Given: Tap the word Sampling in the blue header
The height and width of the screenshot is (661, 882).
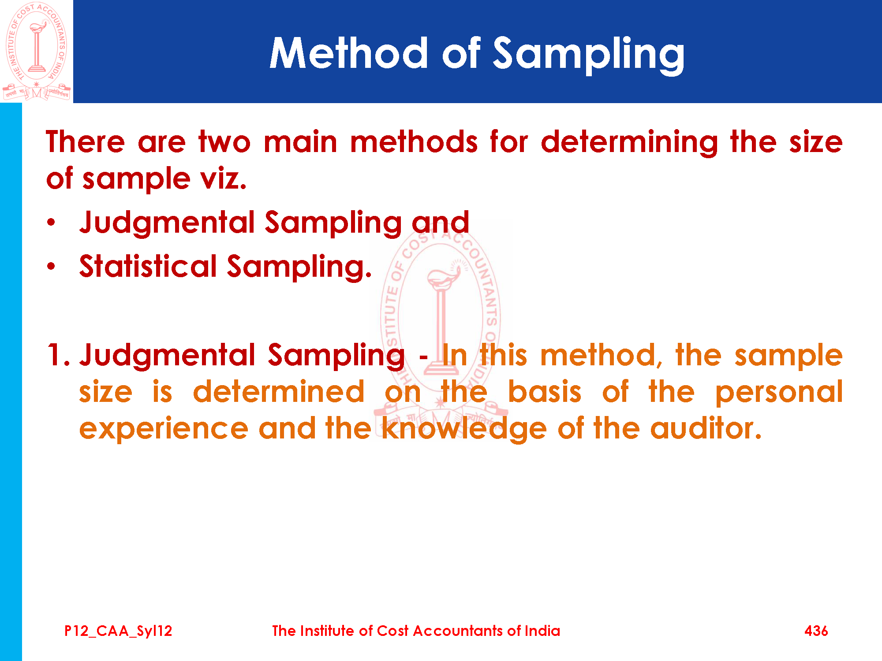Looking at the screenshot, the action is pyautogui.click(x=588, y=55).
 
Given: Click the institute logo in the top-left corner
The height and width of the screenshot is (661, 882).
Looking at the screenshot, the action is pyautogui.click(x=37, y=51).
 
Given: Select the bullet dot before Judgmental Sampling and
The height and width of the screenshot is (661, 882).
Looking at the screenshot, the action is pyautogui.click(x=52, y=222).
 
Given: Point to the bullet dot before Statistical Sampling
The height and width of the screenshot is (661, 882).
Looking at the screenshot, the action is pyautogui.click(x=52, y=266).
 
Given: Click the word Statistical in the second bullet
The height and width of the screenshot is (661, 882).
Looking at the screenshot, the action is pyautogui.click(x=148, y=266).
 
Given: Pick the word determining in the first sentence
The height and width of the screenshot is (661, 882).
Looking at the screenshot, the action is pyautogui.click(x=629, y=143).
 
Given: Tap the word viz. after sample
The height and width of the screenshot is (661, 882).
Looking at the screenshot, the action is pyautogui.click(x=223, y=179).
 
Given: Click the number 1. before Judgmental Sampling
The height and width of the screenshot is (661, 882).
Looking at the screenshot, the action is pyautogui.click(x=58, y=355).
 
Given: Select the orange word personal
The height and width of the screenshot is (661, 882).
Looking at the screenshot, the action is pyautogui.click(x=779, y=392).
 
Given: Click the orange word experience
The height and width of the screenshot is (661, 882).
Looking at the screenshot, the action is pyautogui.click(x=164, y=429).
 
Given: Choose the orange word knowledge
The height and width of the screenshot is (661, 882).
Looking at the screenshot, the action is pyautogui.click(x=464, y=429).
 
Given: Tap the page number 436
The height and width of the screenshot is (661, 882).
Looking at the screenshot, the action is pyautogui.click(x=816, y=631).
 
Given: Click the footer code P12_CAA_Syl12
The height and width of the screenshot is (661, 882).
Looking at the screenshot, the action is pyautogui.click(x=118, y=631).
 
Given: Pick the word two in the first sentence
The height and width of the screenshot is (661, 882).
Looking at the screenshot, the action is pyautogui.click(x=224, y=143).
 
